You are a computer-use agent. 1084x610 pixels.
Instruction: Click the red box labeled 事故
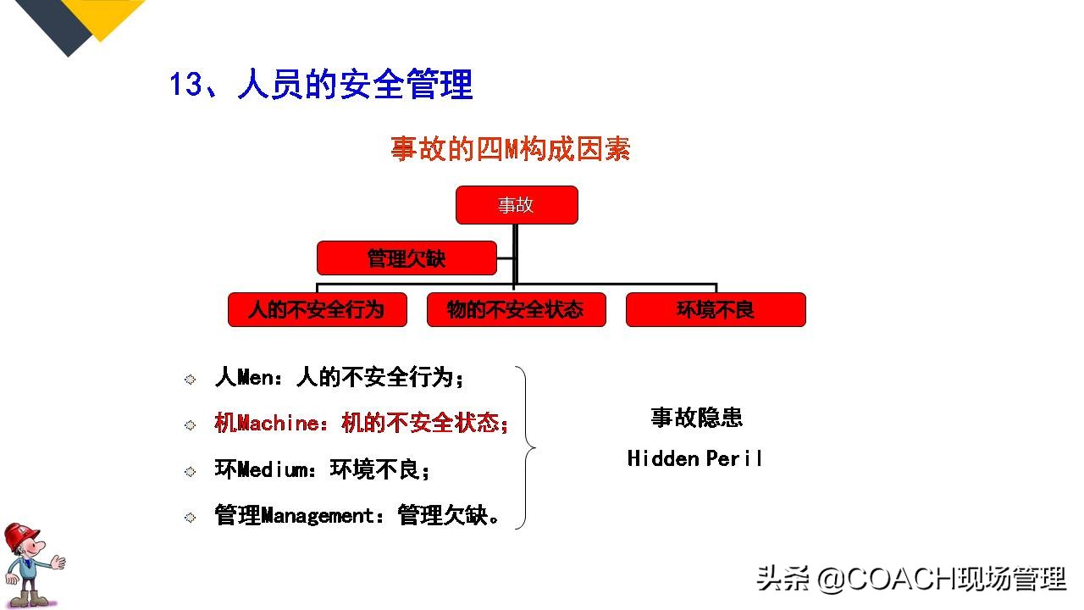[x=517, y=205]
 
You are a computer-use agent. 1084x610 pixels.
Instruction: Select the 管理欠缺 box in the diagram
[x=406, y=258]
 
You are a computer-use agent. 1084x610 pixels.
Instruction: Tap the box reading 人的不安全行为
[x=317, y=310]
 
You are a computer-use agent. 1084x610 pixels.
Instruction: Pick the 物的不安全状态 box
[x=516, y=310]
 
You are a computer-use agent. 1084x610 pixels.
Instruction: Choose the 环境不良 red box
[x=716, y=310]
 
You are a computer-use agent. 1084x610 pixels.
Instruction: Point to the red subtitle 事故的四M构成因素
[x=510, y=150]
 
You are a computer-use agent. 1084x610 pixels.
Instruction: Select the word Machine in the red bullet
[x=277, y=424]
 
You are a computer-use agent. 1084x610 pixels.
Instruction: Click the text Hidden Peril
[x=694, y=458]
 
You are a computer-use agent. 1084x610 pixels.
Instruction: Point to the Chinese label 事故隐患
[x=696, y=418]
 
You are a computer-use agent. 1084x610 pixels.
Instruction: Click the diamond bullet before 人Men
[x=191, y=380]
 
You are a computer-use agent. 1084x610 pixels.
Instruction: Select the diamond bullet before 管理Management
[x=191, y=517]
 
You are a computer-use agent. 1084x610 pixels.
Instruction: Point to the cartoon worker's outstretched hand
[x=58, y=561]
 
